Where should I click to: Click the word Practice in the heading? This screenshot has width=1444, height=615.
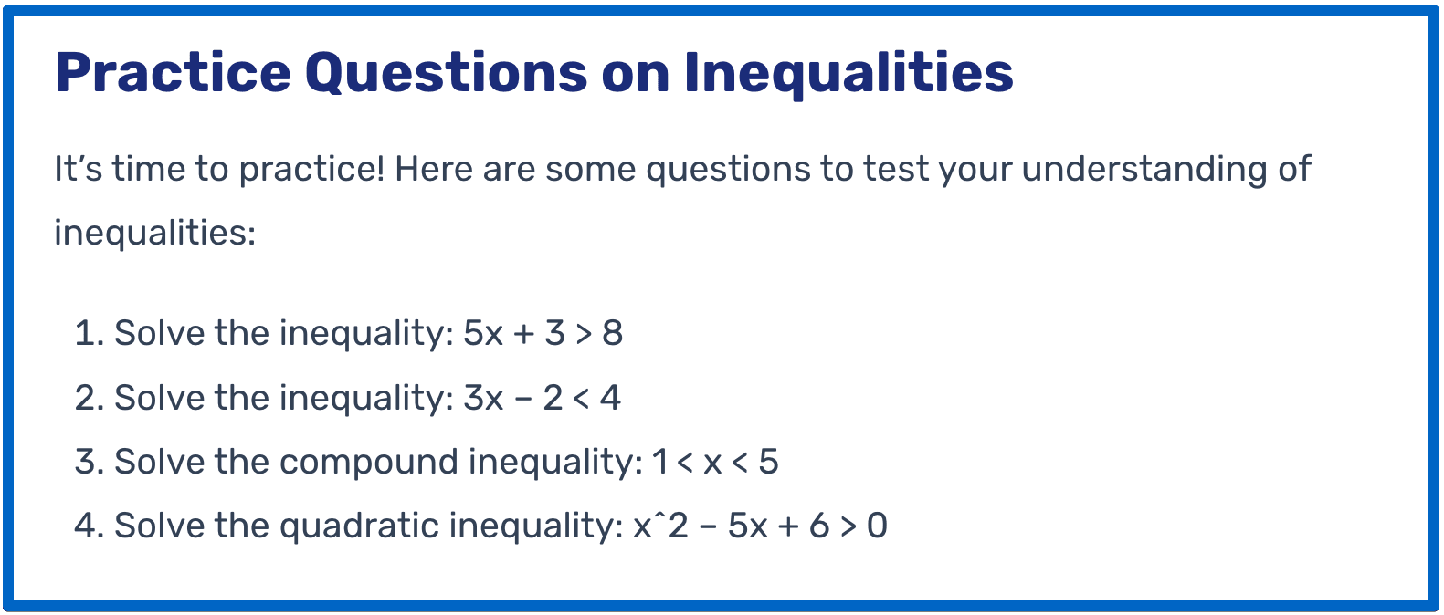click(172, 73)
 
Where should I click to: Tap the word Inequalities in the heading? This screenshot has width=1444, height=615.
click(848, 73)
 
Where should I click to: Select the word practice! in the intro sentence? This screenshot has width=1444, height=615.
click(311, 170)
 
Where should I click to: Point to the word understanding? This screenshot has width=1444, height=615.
click(1144, 170)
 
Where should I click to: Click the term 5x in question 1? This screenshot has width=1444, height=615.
click(483, 334)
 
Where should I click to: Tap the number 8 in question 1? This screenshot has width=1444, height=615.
click(612, 334)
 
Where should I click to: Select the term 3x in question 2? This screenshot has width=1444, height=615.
click(483, 399)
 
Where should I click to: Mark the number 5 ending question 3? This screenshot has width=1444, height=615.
click(768, 463)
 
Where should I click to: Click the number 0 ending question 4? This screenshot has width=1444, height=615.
click(877, 526)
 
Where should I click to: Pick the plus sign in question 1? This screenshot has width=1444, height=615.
click(524, 335)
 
